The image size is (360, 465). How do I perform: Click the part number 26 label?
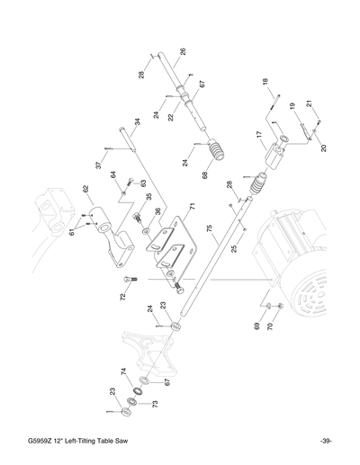[183, 53]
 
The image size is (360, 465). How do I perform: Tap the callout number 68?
[205, 174]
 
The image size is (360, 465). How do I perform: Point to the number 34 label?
[138, 122]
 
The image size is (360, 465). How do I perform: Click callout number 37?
[99, 165]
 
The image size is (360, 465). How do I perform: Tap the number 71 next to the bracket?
[191, 209]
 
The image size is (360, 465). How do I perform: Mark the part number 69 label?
[257, 326]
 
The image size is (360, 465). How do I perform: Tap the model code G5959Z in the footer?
[42, 440]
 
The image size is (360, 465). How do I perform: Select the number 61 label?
[73, 234]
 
